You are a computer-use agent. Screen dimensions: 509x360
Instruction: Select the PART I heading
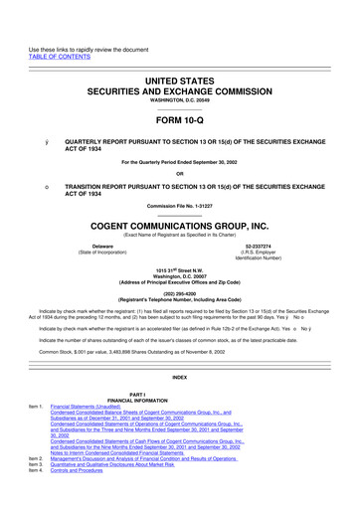tap(180, 395)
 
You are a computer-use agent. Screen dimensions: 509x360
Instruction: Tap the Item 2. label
tap(36, 459)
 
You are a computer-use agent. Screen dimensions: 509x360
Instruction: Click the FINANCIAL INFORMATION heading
tap(180, 401)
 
